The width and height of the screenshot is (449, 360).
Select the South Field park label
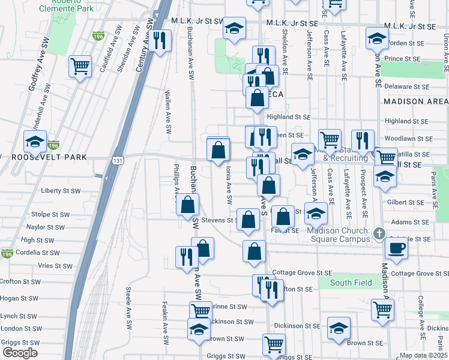point(351,283)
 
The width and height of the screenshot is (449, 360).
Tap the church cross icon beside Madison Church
point(379,233)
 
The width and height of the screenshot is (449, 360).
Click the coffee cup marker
point(396,247)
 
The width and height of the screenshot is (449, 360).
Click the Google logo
point(20,353)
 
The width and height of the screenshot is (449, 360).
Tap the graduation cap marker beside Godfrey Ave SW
point(35,142)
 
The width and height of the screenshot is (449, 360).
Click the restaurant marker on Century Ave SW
point(160,41)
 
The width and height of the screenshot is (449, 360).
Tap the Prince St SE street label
point(402,59)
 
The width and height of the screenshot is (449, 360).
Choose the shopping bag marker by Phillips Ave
point(188,205)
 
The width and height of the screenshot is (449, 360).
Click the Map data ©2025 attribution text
point(423,355)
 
